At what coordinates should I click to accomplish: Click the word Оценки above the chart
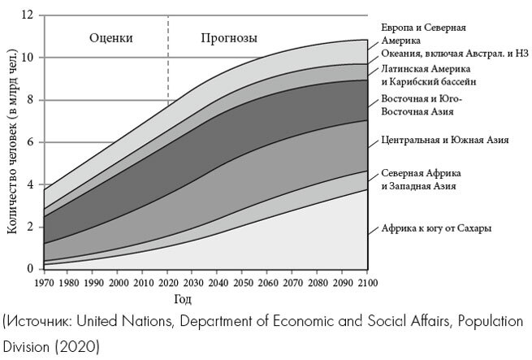[111, 38]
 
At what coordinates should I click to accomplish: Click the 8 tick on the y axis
[31, 100]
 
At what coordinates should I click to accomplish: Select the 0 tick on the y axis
[31, 269]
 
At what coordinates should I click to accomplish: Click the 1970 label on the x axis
[44, 283]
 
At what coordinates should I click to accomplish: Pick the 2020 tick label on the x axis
[168, 283]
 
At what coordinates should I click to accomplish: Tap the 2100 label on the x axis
[368, 283]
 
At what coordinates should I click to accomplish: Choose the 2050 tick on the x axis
[243, 283]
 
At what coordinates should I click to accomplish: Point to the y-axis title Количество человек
[11, 142]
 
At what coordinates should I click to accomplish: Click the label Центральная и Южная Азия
[444, 140]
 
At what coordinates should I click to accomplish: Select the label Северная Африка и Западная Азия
[417, 180]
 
